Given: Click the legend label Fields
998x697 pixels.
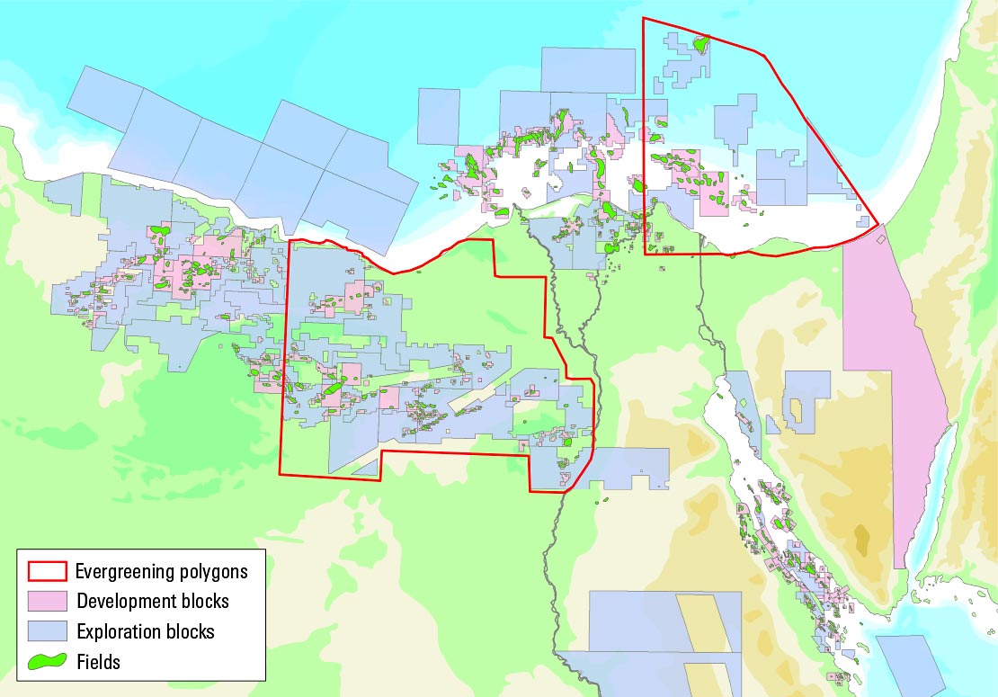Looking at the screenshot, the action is [x=98, y=661].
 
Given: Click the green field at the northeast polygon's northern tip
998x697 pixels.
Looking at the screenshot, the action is [x=701, y=41].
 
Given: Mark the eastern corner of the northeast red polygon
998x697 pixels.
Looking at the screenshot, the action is [x=878, y=225].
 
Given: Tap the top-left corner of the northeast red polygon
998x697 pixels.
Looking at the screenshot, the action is [x=643, y=18].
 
